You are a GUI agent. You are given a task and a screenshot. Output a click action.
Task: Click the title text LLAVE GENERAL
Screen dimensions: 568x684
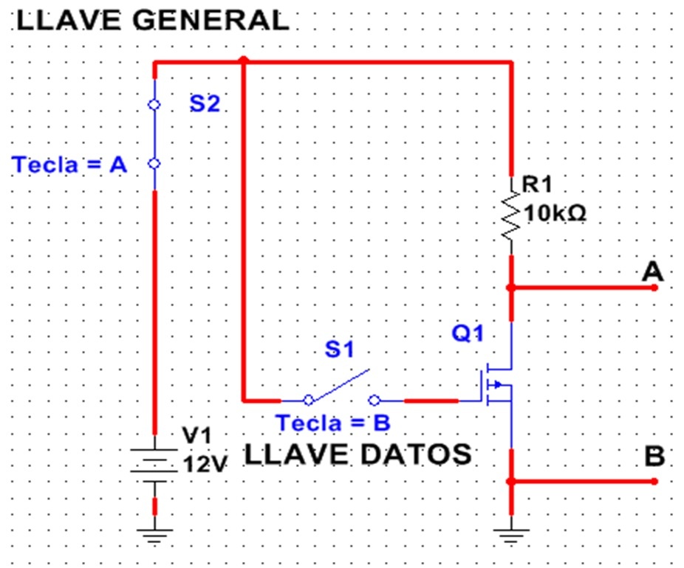(x=152, y=20)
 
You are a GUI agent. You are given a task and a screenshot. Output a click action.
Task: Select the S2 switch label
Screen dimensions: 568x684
(x=205, y=104)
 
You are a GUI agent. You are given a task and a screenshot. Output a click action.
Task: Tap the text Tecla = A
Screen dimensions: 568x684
(x=69, y=165)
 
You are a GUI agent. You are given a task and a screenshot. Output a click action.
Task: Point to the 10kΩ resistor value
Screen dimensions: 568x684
(x=555, y=215)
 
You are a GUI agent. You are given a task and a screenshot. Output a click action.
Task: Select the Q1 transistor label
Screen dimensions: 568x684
(x=468, y=334)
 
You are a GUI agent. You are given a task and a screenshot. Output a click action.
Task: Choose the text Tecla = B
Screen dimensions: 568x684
(x=332, y=424)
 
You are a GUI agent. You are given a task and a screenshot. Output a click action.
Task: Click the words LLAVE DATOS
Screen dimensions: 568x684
(x=358, y=454)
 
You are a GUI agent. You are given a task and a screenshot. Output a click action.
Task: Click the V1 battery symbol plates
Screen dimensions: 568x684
(x=154, y=465)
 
